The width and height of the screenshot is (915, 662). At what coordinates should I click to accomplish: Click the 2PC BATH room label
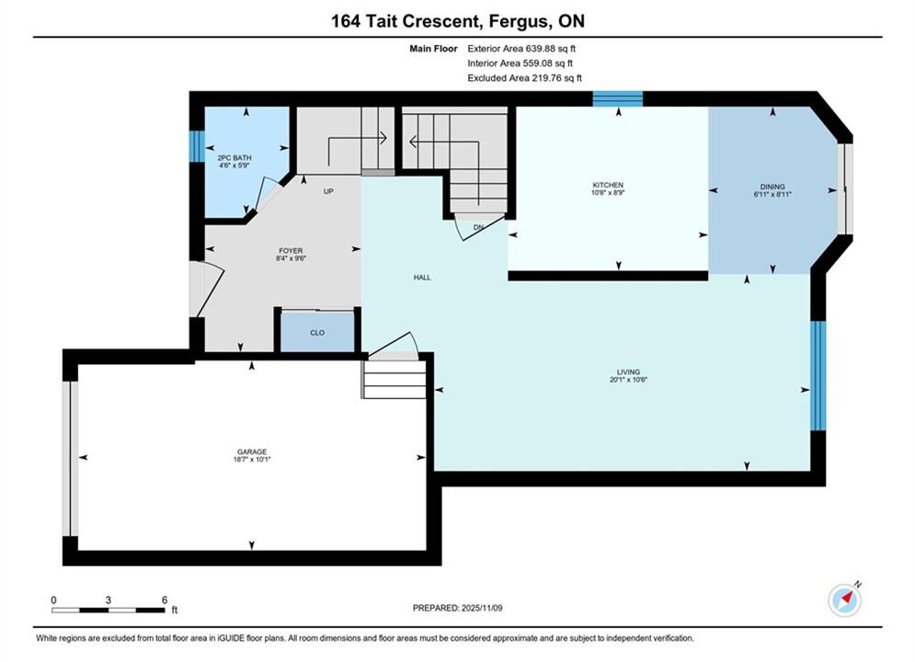pos(234,158)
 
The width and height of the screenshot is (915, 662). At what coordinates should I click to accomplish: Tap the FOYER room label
pos(291,251)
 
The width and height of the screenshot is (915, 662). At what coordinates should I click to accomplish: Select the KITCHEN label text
pos(608,185)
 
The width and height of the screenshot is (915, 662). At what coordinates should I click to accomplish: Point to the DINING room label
pos(772,187)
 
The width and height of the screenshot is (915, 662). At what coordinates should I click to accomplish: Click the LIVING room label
pos(628,371)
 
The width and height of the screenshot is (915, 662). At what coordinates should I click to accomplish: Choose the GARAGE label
pos(252,451)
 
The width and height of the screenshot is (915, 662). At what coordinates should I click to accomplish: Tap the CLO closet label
pos(317,333)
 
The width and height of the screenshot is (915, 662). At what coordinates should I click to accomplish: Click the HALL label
pos(422,278)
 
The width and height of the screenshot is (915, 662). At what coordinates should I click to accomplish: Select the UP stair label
pos(328,191)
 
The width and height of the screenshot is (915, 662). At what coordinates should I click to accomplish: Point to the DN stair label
pos(478,227)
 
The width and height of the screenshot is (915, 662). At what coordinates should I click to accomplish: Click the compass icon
pos(845,599)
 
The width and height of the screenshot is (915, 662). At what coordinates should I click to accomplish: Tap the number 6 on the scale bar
pos(165,599)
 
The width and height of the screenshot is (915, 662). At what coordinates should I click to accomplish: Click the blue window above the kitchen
pos(618,98)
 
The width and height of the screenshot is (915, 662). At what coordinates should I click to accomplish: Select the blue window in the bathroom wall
pos(197,146)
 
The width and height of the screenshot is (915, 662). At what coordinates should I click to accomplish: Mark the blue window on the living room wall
pos(818,376)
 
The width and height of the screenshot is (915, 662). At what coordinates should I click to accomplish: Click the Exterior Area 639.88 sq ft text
pos(521,49)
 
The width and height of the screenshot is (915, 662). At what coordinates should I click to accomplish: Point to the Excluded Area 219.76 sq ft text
pos(524,78)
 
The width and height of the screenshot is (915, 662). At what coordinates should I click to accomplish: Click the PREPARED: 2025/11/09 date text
pos(458,608)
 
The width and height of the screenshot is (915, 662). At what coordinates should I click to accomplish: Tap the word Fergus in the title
pos(518,21)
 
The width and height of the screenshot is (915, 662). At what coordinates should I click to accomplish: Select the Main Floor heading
pos(433,49)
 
